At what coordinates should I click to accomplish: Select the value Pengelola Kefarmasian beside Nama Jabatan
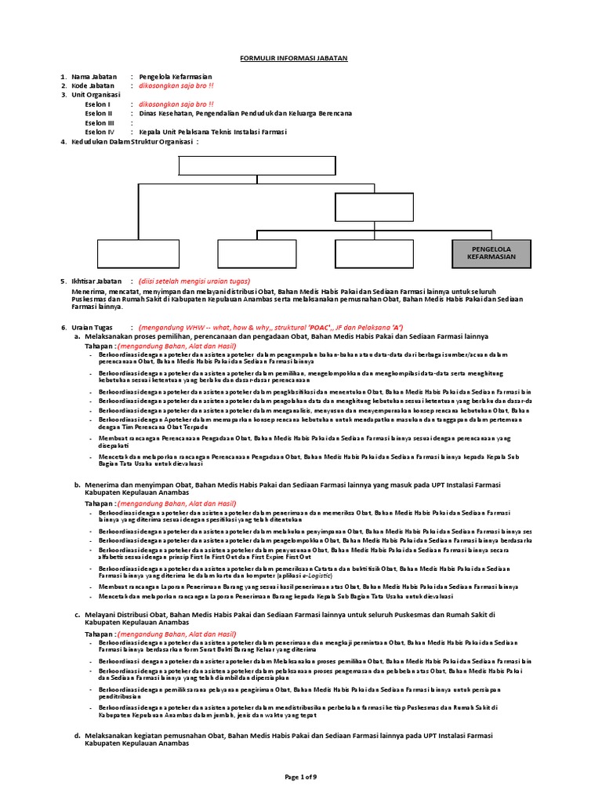coord(175,77)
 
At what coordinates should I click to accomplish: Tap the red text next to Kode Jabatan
coord(176,85)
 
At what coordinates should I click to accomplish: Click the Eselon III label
coord(100,122)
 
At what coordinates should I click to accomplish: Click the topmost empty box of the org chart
coord(257,165)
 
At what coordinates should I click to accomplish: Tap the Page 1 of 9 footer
coord(300,776)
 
